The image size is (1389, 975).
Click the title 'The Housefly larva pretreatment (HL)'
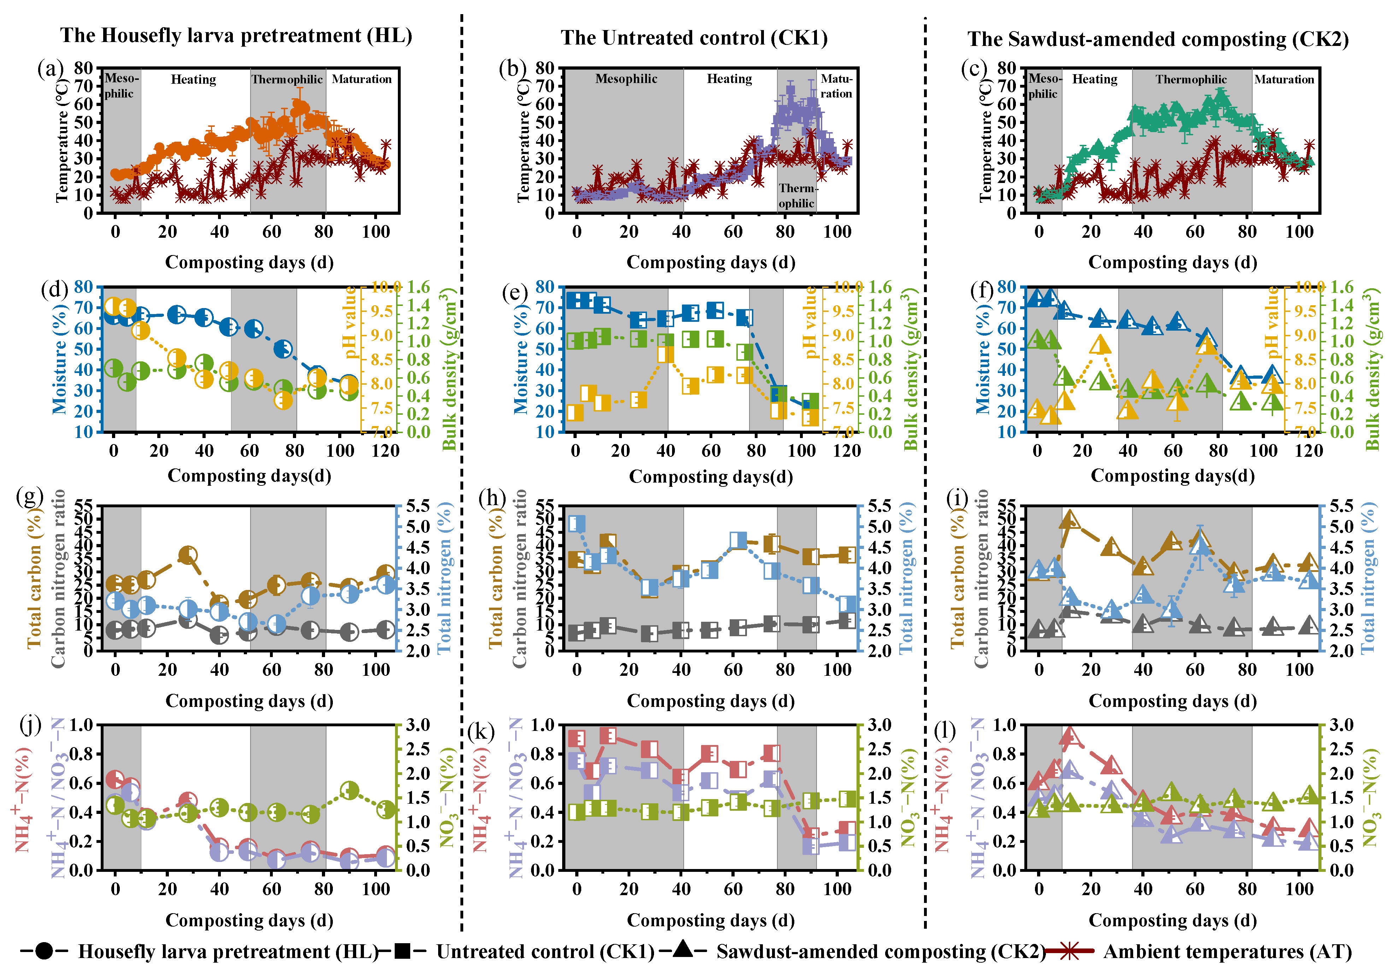[x=236, y=36]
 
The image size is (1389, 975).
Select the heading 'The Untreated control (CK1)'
[x=694, y=38]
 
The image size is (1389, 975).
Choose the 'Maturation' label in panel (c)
[x=1284, y=79]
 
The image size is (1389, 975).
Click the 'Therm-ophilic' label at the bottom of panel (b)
[x=797, y=195]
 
